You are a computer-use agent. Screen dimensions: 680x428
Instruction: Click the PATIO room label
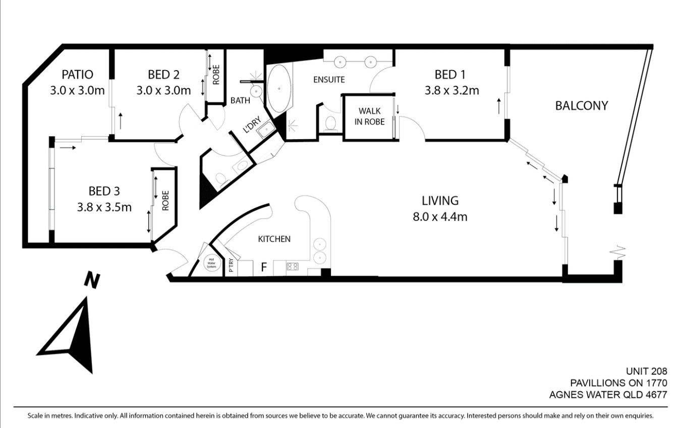pos(77,75)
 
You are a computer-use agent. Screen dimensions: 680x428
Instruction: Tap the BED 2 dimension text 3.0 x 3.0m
pos(163,90)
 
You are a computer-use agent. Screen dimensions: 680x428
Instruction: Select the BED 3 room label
pos(104,192)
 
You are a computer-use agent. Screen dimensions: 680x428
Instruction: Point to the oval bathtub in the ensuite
pos(279,89)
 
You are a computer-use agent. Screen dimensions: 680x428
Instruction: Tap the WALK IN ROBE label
pos(369,116)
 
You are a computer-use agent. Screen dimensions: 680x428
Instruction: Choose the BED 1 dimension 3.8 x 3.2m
pos(451,90)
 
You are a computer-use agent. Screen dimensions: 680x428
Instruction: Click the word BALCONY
pos(581,106)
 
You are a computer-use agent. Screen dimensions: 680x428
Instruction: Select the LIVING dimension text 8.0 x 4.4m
pos(440,217)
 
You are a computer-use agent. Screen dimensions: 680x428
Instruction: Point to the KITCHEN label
pos(274,239)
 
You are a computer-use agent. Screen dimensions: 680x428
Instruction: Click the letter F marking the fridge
pos(264,267)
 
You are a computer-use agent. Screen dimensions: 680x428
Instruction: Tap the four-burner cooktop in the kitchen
pos(293,267)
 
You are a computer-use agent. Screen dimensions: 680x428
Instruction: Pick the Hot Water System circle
pos(211,263)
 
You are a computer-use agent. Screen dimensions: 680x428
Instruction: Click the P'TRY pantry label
pos(232,265)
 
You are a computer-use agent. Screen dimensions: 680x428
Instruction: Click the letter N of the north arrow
pos(92,281)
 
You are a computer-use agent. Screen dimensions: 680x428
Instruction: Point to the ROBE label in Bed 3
pos(165,201)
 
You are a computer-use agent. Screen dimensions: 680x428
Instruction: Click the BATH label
pos(240,100)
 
